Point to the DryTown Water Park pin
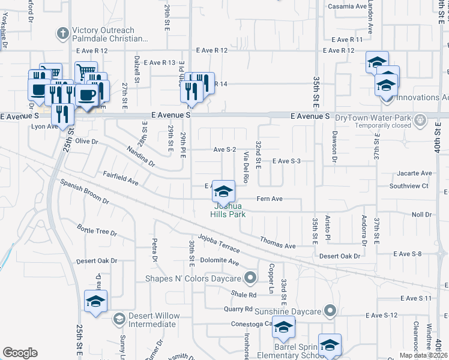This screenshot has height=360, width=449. pyautogui.click(x=420, y=119)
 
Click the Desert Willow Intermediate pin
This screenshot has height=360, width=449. pyautogui.click(x=119, y=319)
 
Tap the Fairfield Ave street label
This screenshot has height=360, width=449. pyautogui.click(x=121, y=178)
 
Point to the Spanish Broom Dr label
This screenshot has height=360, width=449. pyautogui.click(x=84, y=191)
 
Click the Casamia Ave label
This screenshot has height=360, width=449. pyautogui.click(x=347, y=7)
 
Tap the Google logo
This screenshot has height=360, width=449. pyautogui.click(x=20, y=352)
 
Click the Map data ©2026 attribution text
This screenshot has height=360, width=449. pyautogui.click(x=424, y=355)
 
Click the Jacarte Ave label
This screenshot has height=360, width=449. pyautogui.click(x=414, y=173)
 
